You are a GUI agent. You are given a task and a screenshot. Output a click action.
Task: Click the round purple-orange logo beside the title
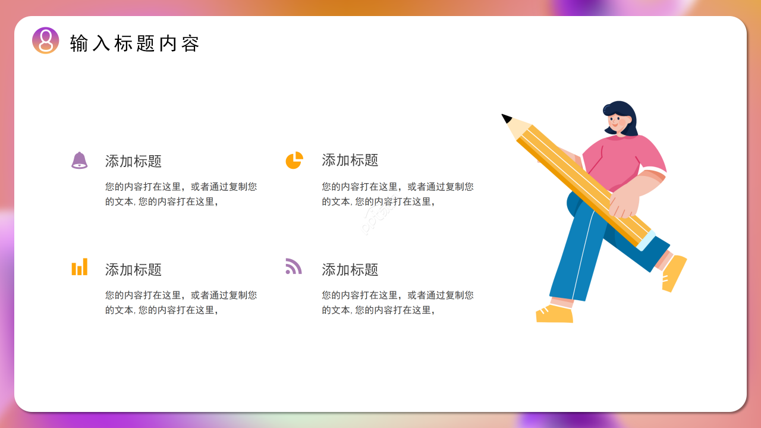tap(46, 40)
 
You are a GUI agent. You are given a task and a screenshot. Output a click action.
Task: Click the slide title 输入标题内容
tap(134, 43)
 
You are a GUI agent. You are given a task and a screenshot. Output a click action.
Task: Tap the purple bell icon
tap(79, 160)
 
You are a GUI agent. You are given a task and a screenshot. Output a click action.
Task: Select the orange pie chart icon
tap(294, 160)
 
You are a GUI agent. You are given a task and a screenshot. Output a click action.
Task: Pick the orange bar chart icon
tap(80, 267)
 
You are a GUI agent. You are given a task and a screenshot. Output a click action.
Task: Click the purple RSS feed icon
tap(293, 266)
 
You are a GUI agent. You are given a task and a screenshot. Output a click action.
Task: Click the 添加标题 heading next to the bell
tap(133, 161)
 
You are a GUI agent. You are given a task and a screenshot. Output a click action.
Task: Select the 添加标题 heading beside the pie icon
tap(350, 160)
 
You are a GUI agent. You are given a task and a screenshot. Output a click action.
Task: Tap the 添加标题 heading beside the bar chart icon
tap(133, 270)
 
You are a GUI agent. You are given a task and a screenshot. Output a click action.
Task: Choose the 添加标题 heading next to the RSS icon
tap(350, 270)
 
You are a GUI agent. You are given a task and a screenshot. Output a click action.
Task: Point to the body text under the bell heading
tap(181, 194)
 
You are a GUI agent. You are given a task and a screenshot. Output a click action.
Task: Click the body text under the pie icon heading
tap(398, 194)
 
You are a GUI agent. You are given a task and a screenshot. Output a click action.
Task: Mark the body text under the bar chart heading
tap(181, 303)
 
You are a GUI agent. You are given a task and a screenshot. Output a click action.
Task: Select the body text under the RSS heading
tap(398, 303)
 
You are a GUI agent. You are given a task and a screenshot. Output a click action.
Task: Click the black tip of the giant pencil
tap(506, 118)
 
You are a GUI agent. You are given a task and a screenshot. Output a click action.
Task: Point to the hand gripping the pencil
tap(624, 202)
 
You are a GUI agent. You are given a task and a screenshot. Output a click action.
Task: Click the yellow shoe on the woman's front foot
tap(554, 314)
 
